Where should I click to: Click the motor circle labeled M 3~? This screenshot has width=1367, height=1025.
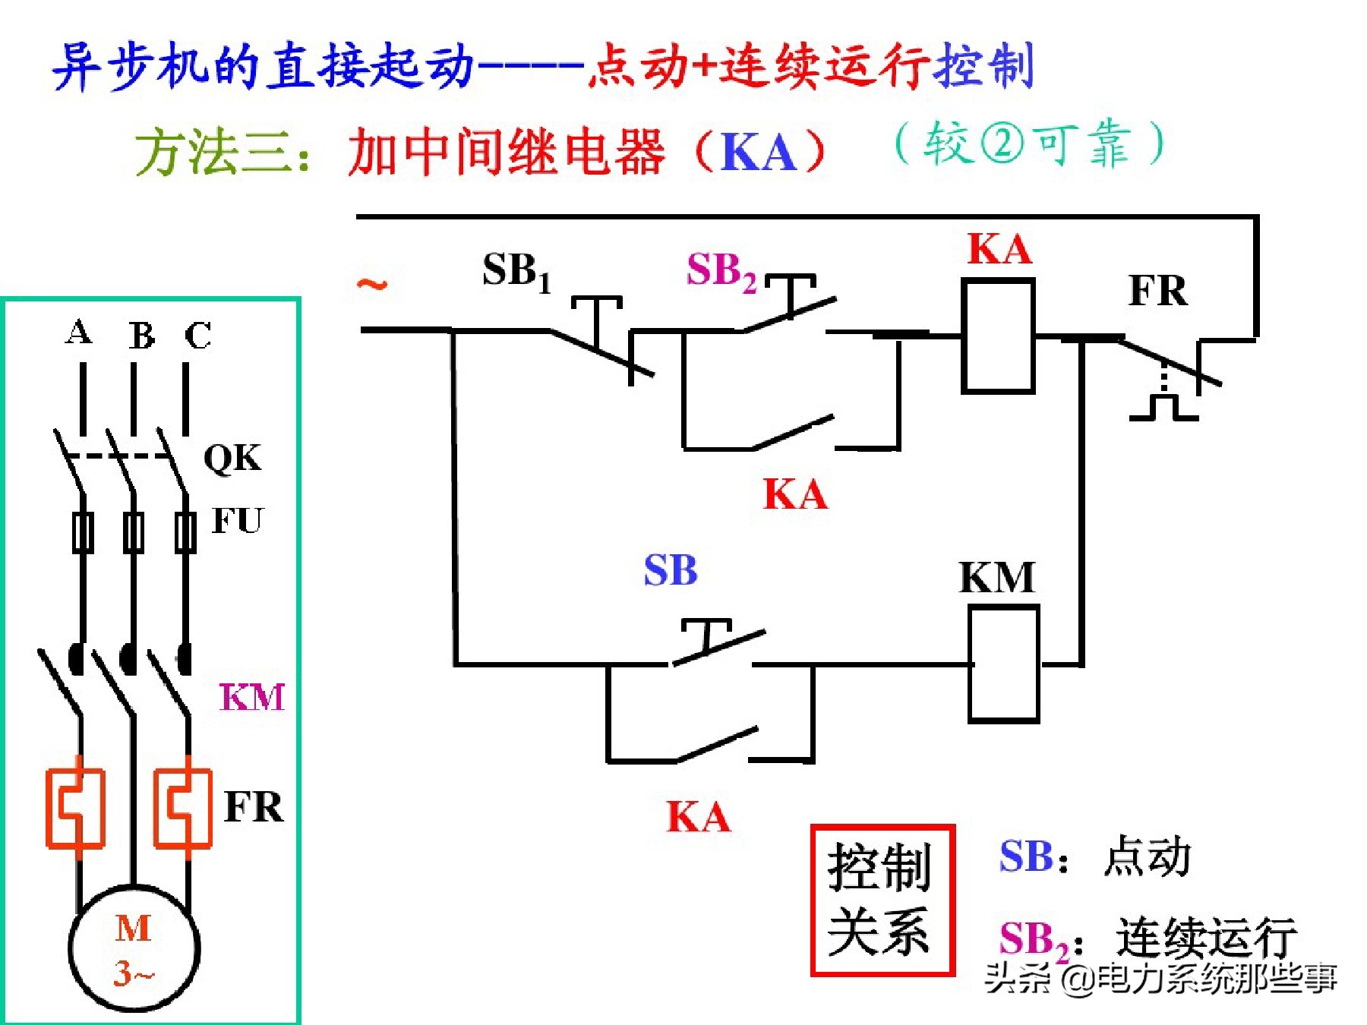pyautogui.click(x=134, y=949)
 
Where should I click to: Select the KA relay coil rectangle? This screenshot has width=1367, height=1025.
pyautogui.click(x=997, y=336)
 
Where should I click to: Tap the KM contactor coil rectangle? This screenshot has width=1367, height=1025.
pyautogui.click(x=1003, y=664)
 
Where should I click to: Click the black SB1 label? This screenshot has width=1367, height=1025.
pyautogui.click(x=516, y=272)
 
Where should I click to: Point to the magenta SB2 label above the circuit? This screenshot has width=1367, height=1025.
pyautogui.click(x=721, y=271)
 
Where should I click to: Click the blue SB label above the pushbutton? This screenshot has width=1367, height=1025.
pyautogui.click(x=670, y=571)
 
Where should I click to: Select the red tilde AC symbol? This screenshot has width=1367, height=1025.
pyautogui.click(x=372, y=285)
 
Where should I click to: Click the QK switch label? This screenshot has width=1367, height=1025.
pyautogui.click(x=232, y=459)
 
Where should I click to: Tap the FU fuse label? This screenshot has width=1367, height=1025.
pyautogui.click(x=237, y=521)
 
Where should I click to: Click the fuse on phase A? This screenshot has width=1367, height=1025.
pyautogui.click(x=83, y=532)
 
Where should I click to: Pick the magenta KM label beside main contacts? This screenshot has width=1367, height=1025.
pyautogui.click(x=251, y=697)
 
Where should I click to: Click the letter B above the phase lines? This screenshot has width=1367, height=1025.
pyautogui.click(x=141, y=336)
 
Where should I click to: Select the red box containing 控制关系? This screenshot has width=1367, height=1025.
pyautogui.click(x=882, y=900)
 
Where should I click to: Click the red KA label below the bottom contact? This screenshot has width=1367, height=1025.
pyautogui.click(x=698, y=818)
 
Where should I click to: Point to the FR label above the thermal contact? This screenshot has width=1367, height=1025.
pyautogui.click(x=1157, y=291)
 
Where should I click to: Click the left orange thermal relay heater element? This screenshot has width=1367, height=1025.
pyautogui.click(x=75, y=807)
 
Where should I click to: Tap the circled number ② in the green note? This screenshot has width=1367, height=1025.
pyautogui.click(x=1002, y=143)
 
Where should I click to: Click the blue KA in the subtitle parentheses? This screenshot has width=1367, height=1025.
pyautogui.click(x=758, y=152)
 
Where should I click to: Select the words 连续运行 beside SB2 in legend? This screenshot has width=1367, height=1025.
pyautogui.click(x=1205, y=938)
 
